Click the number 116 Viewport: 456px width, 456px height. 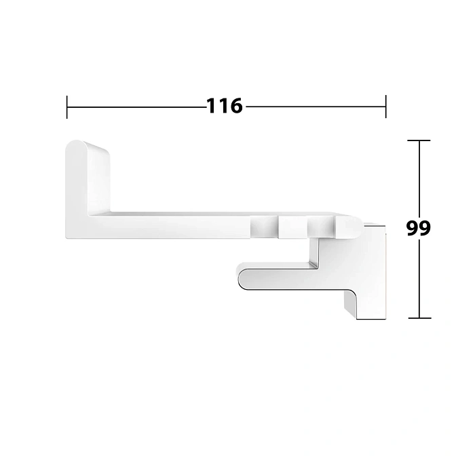[224, 106]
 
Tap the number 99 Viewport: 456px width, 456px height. [419, 228]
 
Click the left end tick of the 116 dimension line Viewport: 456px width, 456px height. [67, 107]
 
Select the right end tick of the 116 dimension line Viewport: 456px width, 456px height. [386, 107]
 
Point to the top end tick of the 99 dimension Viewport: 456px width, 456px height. [419, 140]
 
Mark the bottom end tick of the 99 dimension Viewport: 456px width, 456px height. [419, 318]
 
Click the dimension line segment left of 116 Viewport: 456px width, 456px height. [136, 107]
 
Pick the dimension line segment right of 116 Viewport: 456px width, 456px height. [316, 107]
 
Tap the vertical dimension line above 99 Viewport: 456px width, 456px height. [419, 180]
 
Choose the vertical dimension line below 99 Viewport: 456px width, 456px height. [419, 278]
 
